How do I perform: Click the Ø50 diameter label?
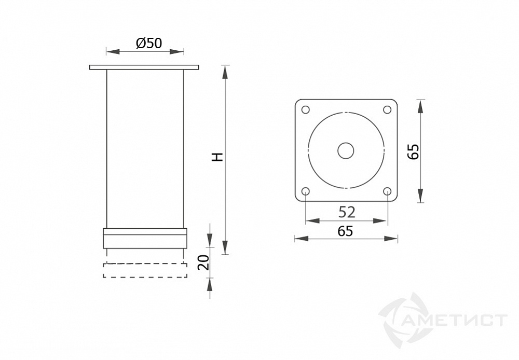point(149,43)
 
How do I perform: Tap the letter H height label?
point(217,157)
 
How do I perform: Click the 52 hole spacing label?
point(347,212)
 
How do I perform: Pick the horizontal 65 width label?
point(345,231)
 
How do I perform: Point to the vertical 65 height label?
point(414,152)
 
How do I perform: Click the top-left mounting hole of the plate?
point(305,109)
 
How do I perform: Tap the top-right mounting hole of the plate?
point(387,109)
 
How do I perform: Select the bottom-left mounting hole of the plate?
point(305,191)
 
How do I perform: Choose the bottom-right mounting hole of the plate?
point(387,191)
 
